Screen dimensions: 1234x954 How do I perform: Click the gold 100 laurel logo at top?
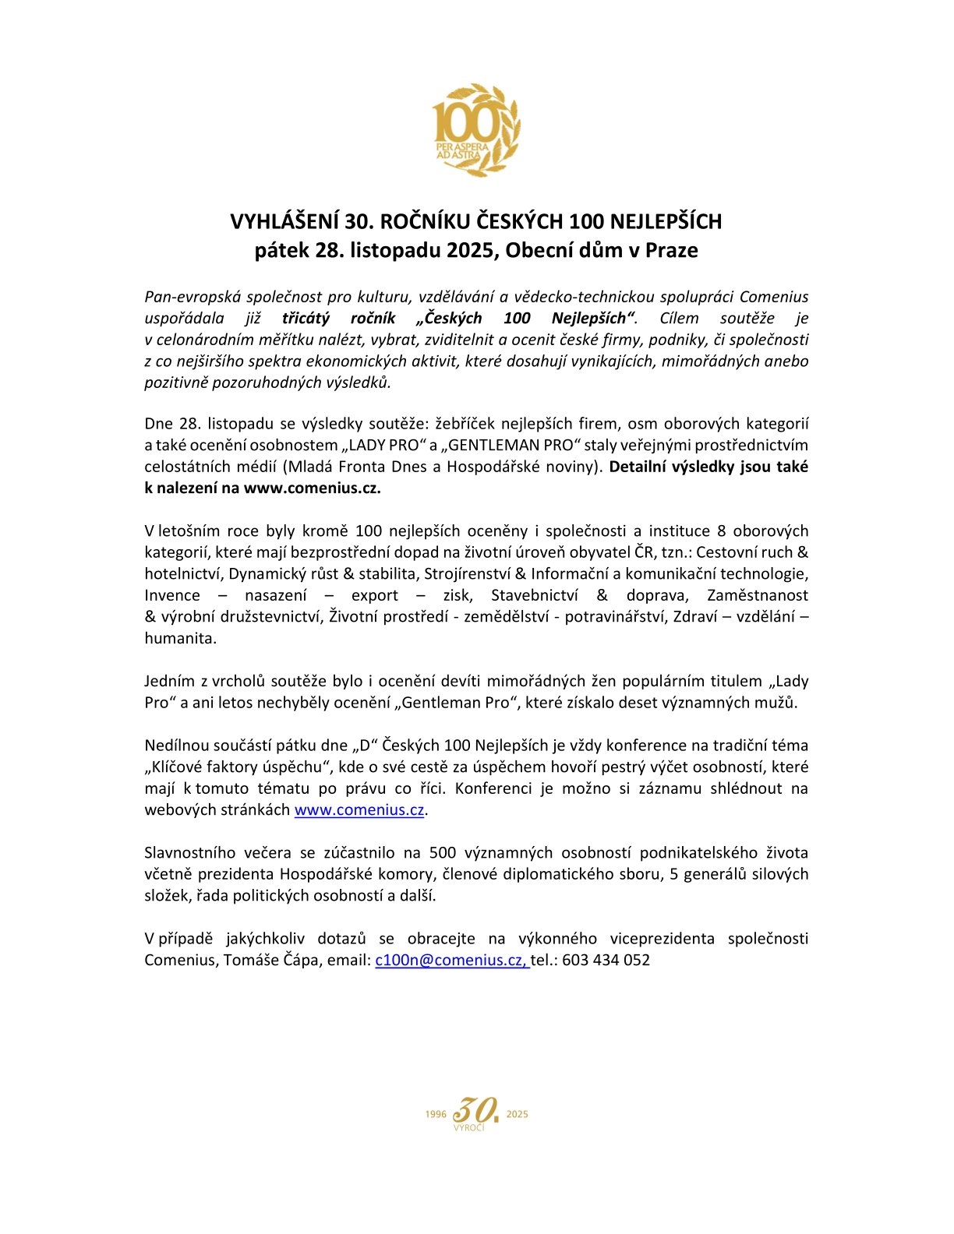476,129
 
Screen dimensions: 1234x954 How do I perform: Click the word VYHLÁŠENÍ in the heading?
284,222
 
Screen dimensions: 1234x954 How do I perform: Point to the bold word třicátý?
306,318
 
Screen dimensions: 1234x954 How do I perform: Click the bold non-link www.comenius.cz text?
313,488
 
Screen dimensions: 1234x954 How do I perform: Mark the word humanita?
180,639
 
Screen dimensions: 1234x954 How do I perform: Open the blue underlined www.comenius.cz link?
359,810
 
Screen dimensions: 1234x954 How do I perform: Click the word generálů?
714,874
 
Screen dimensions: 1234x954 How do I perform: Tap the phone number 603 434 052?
606,961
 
